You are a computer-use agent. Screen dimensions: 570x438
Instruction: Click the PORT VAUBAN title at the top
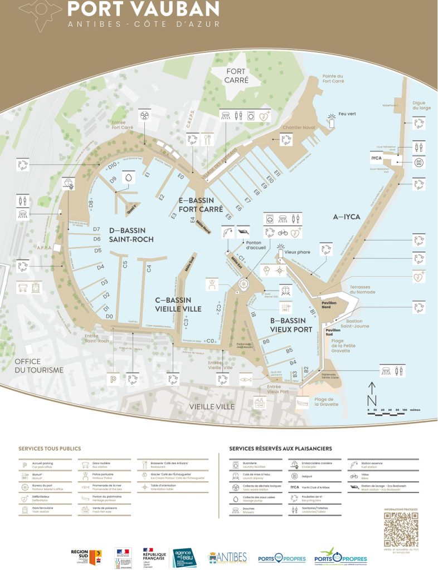pos(143,9)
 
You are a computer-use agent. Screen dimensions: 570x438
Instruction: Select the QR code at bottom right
pos(401,530)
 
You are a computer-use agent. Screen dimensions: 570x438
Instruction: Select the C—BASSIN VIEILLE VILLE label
pos(178,304)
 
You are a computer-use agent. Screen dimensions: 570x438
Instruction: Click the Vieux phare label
pos(297,252)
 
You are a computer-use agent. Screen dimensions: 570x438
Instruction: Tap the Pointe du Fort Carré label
pos(333,78)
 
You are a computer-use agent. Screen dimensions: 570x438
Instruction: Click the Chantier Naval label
pos(295,127)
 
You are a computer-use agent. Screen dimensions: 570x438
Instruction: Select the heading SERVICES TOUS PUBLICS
pos(50,448)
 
